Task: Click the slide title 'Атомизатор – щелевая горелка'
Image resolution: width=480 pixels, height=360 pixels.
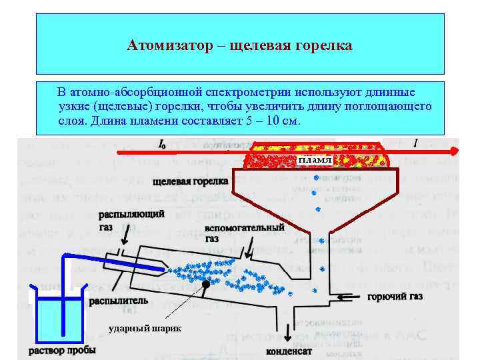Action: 239,46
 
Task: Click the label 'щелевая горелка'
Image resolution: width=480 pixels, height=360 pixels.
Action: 190,181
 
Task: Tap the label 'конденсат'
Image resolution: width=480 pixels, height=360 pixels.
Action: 289,350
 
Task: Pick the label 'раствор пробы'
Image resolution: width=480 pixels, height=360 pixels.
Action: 62,350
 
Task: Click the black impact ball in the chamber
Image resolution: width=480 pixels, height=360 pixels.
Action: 207,284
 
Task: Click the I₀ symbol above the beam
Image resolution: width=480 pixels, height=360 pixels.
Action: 162,143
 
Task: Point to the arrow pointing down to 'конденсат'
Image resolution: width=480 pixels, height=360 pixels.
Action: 289,331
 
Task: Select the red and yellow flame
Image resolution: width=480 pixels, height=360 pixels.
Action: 313,155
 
